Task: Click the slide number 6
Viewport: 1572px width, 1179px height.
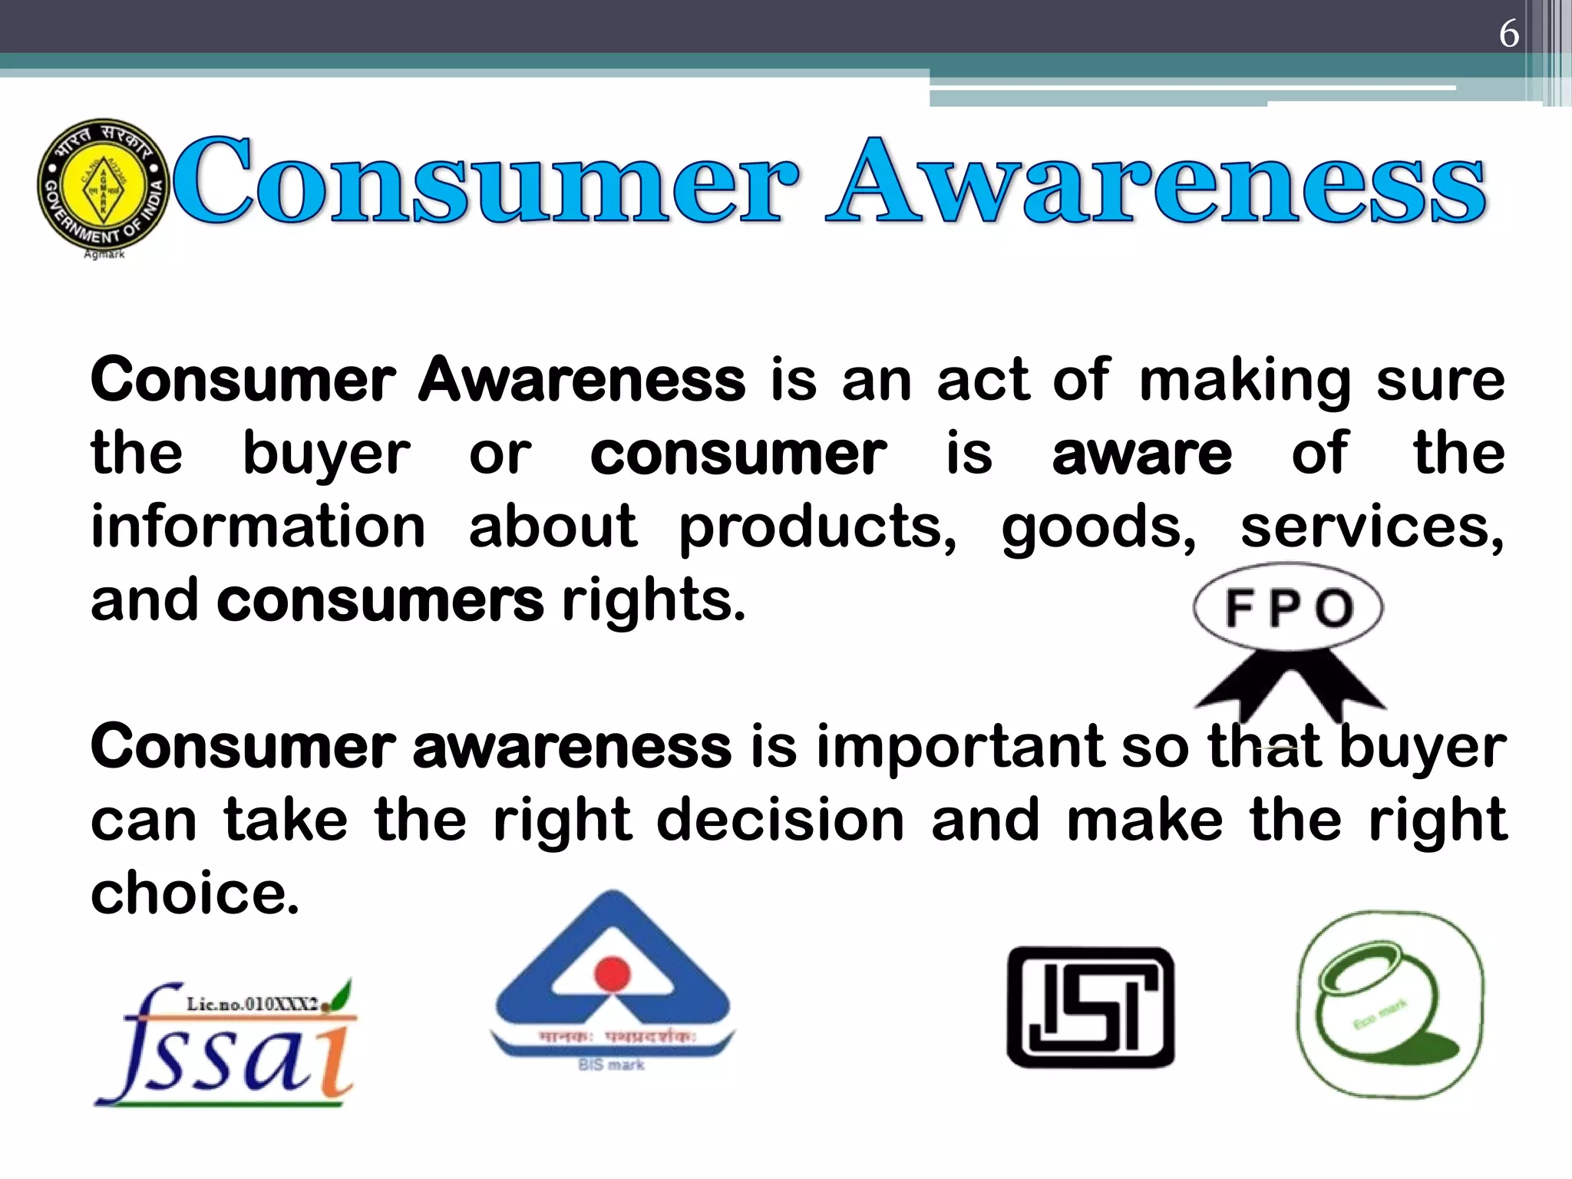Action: (x=1508, y=34)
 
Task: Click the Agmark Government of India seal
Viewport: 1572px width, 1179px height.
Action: (x=103, y=185)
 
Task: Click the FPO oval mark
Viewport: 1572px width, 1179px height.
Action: (x=1288, y=608)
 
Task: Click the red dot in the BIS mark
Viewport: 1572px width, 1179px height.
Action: (x=612, y=973)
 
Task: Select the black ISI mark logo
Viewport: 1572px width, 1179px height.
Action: (x=1091, y=1007)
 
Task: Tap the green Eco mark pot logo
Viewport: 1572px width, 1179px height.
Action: (x=1390, y=1006)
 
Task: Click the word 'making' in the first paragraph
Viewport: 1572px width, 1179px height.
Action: (x=1244, y=381)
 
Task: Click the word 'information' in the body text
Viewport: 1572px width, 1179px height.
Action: (x=258, y=527)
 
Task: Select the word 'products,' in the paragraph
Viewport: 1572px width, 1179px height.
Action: (x=818, y=529)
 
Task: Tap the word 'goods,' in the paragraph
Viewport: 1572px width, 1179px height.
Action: (x=1098, y=529)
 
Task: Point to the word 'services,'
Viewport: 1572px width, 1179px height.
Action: (x=1372, y=527)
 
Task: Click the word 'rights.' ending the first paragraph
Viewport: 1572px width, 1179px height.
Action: (x=653, y=602)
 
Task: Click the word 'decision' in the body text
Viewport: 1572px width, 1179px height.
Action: (x=781, y=821)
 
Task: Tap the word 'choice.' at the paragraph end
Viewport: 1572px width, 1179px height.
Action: (x=195, y=893)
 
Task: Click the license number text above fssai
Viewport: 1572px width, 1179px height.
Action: (x=253, y=1004)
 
